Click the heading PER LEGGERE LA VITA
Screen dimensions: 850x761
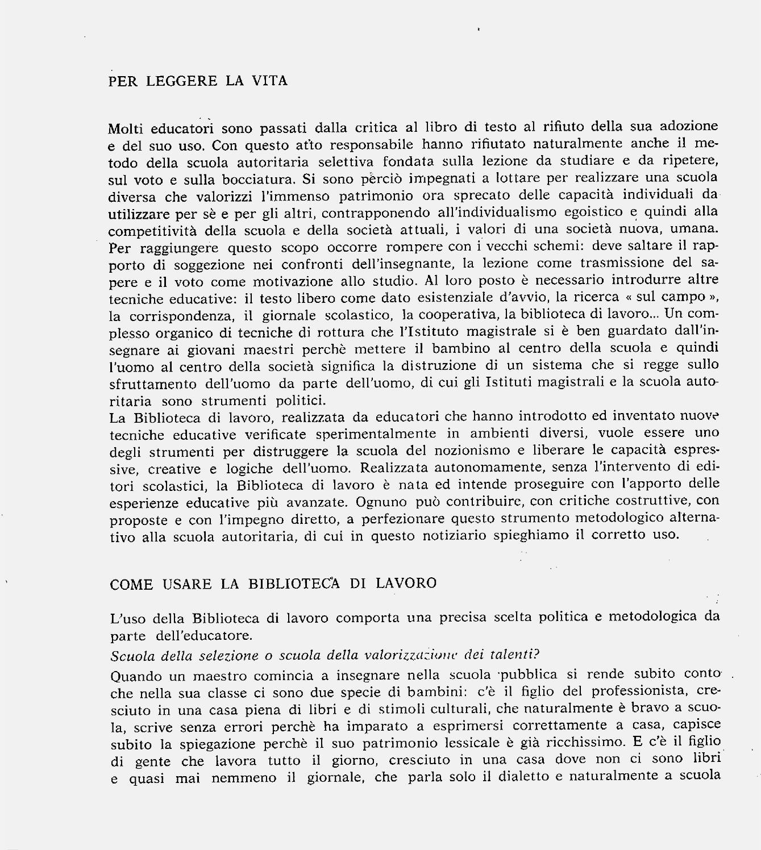pos(198,81)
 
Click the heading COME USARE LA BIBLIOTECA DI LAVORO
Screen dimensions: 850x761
pos(273,584)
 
